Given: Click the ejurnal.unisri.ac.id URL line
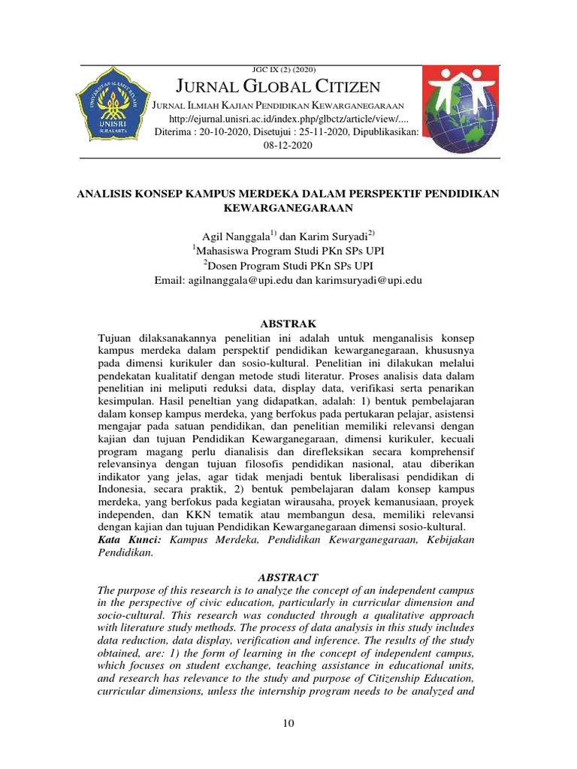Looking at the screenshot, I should pos(289,119).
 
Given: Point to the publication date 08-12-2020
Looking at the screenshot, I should pos(288,146).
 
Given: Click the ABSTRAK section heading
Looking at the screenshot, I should pos(288,323).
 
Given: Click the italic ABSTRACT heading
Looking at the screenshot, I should pos(288,578).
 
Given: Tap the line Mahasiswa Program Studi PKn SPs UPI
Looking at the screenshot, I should pos(288,252).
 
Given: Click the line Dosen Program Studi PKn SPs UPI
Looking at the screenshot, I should pos(288,266).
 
